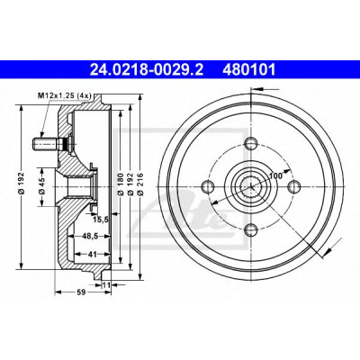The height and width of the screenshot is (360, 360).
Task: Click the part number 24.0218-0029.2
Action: pyautogui.click(x=147, y=70)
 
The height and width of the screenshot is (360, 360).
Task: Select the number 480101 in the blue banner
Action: pyautogui.click(x=248, y=70)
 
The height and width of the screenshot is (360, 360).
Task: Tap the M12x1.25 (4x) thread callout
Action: pyautogui.click(x=64, y=96)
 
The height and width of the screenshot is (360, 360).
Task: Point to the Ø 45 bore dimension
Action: pyautogui.click(x=41, y=186)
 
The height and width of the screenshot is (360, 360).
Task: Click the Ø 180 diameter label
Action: pyautogui.click(x=121, y=184)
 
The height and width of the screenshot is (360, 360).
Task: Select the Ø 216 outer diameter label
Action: pyautogui.click(x=139, y=184)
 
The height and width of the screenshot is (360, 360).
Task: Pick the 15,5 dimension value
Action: pyautogui.click(x=100, y=220)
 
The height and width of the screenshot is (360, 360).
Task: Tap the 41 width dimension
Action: pyautogui.click(x=93, y=255)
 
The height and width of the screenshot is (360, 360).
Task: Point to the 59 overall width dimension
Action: pyautogui.click(x=81, y=292)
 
